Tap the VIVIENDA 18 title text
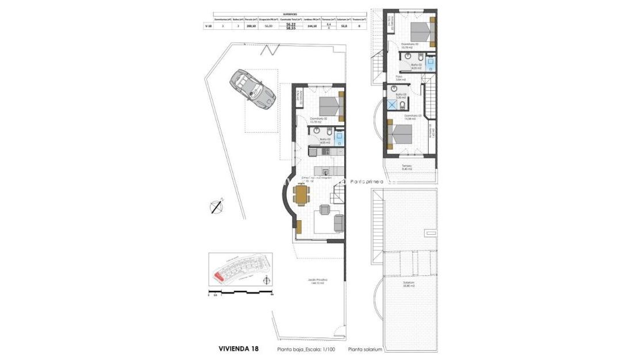point(239,348)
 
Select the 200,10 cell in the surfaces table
point(250,26)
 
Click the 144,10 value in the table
point(313,26)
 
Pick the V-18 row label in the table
point(207,26)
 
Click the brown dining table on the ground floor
point(301,194)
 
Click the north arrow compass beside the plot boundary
point(217,206)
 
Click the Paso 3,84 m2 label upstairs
point(401,78)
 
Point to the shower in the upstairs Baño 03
point(392,105)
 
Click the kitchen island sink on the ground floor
point(325,171)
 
